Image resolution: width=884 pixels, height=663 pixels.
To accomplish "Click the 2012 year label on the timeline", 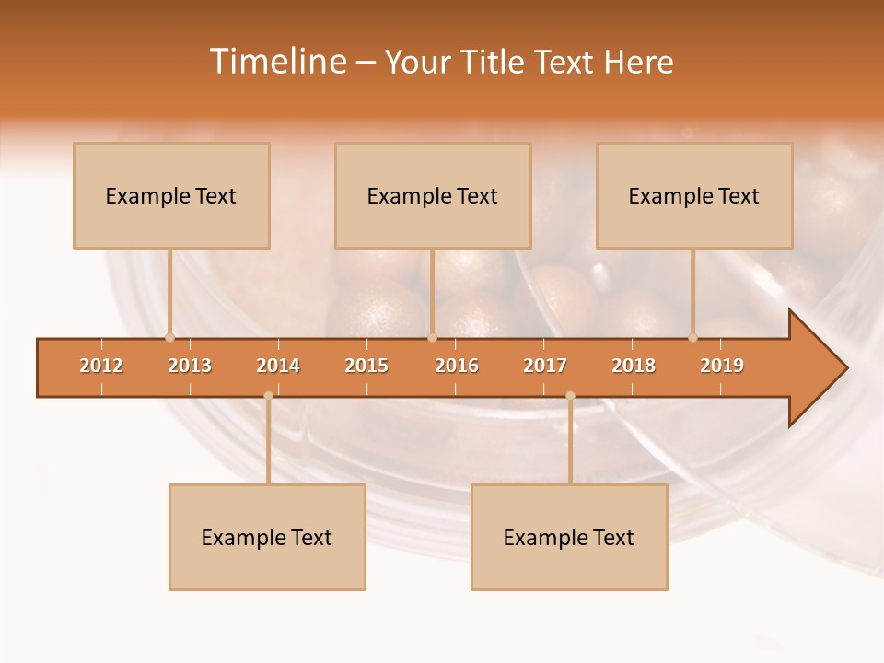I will (x=101, y=366).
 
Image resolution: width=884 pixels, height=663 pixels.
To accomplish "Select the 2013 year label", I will (x=190, y=366).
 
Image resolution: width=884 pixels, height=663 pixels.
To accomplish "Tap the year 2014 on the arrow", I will (x=278, y=366).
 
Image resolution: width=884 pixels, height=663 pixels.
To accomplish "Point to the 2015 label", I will (x=366, y=366).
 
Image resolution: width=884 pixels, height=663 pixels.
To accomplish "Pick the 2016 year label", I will (x=457, y=366).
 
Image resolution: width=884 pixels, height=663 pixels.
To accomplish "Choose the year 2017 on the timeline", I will (x=545, y=366).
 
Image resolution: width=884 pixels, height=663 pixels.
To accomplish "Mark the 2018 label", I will (x=634, y=366).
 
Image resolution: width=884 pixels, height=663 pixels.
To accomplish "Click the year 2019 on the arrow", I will (x=722, y=366).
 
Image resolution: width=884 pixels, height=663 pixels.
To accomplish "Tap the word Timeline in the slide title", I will (x=276, y=62).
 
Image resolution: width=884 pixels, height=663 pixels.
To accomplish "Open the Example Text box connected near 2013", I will (x=171, y=196).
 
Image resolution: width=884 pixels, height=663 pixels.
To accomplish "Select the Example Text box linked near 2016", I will (x=433, y=196).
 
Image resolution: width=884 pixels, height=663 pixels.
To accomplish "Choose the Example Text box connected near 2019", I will (x=694, y=196).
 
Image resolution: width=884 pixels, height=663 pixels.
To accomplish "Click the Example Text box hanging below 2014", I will (x=267, y=538).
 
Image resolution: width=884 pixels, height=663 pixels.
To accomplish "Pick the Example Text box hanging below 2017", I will (x=569, y=538).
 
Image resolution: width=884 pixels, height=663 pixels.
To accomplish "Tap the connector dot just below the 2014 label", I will (x=268, y=396).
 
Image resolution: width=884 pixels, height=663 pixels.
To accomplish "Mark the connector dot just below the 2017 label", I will (x=570, y=396).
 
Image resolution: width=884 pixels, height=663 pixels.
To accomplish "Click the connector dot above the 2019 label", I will (x=692, y=337).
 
